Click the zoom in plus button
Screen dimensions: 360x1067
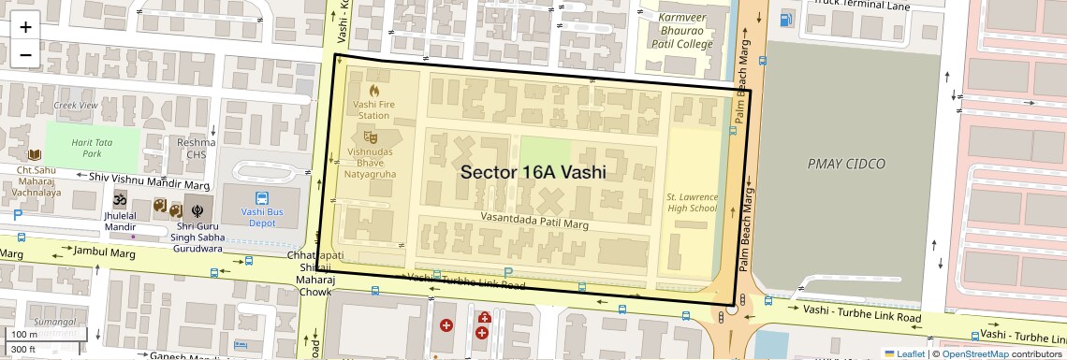tap(25, 26)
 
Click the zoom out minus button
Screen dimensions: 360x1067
tap(25, 55)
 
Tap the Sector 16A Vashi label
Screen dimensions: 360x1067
tap(533, 172)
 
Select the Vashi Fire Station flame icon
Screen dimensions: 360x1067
tap(373, 92)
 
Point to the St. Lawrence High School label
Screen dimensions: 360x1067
tap(692, 202)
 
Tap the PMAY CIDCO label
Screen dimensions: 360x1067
tap(846, 164)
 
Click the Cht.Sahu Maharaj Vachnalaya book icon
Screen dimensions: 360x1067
tap(36, 155)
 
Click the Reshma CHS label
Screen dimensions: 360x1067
tap(197, 148)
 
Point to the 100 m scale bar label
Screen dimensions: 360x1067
tap(25, 334)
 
